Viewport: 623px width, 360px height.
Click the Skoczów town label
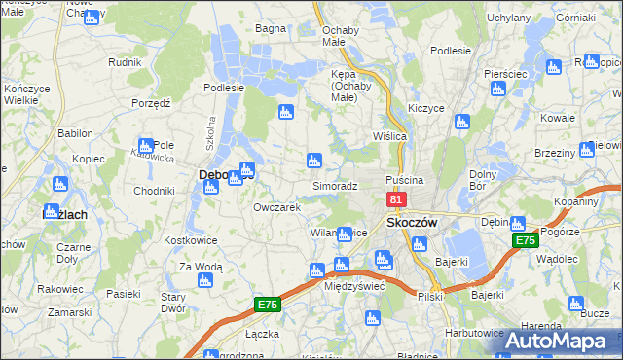pyautogui.click(x=412, y=222)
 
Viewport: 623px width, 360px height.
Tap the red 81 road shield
pyautogui.click(x=396, y=199)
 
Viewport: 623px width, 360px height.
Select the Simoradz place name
pyautogui.click(x=335, y=185)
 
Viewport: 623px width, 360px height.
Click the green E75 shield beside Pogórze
pyautogui.click(x=526, y=239)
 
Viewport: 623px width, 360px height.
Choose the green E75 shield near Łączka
pyautogui.click(x=268, y=305)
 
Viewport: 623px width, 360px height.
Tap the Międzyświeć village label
pyautogui.click(x=354, y=286)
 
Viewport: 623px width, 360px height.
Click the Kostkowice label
pyautogui.click(x=189, y=238)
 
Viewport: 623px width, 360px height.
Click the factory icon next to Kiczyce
pyautogui.click(x=461, y=123)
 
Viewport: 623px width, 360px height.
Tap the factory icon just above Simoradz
pyautogui.click(x=313, y=160)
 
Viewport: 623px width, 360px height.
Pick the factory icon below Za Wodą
pyautogui.click(x=204, y=280)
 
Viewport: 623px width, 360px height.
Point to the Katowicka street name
pyautogui.click(x=153, y=156)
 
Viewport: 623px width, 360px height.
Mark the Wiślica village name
pyautogui.click(x=389, y=136)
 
